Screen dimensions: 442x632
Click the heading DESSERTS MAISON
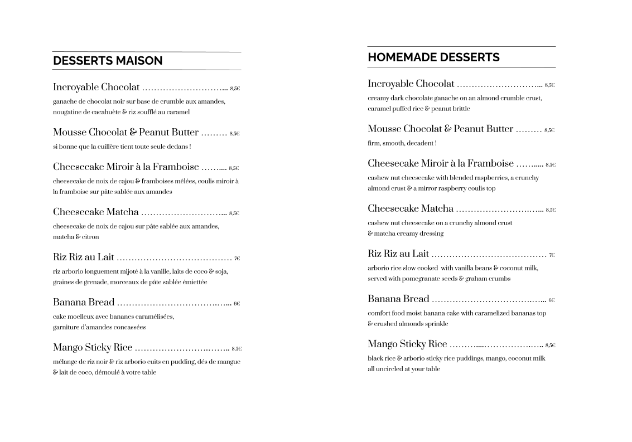coord(108,61)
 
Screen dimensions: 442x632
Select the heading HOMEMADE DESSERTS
coord(433,57)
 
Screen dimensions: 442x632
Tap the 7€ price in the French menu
coord(237,259)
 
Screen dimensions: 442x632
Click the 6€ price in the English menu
coord(551,300)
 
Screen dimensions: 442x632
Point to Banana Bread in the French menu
coord(84,303)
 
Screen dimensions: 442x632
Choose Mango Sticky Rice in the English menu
coord(407,344)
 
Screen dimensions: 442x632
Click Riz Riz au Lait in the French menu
coord(84,258)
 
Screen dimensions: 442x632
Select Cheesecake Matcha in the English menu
coord(411,209)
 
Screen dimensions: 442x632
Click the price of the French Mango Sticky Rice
coord(237,349)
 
